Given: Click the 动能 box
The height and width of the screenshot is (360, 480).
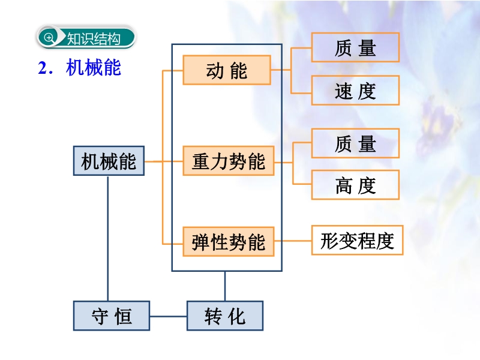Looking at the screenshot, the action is [x=227, y=70].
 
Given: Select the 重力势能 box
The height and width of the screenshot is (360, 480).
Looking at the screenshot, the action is [x=229, y=161].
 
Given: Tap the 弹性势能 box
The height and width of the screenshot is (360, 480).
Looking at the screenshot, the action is [x=229, y=242].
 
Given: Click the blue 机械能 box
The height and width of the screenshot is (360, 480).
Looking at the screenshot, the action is [x=109, y=161].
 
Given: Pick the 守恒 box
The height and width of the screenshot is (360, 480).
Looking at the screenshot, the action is [x=112, y=316].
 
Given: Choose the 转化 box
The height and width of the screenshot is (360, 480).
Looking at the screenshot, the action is [x=225, y=316].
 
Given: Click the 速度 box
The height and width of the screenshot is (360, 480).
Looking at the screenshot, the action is [x=355, y=91].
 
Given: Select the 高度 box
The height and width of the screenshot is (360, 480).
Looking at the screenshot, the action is [x=355, y=185].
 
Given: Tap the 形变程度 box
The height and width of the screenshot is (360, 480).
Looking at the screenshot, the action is [x=357, y=241].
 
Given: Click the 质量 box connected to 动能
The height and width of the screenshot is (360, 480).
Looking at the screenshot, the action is [x=355, y=47].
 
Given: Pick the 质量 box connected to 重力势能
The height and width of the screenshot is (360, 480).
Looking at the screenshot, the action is [x=355, y=143].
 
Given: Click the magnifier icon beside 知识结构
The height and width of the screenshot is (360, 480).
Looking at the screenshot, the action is [x=49, y=38].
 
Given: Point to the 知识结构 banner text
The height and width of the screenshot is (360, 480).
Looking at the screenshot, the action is [x=94, y=39].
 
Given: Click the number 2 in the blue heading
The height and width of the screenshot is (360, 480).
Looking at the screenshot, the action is [x=42, y=68].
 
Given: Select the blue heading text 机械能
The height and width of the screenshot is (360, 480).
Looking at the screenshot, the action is [x=94, y=67].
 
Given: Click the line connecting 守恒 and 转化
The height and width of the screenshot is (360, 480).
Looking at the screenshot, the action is [x=169, y=316].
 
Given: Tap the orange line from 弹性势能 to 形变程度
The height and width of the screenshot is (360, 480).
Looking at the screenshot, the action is [x=293, y=241].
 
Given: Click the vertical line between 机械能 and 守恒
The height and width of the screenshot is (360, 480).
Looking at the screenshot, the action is [x=108, y=238].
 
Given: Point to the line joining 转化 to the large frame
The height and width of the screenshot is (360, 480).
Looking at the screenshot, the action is [x=225, y=286].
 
